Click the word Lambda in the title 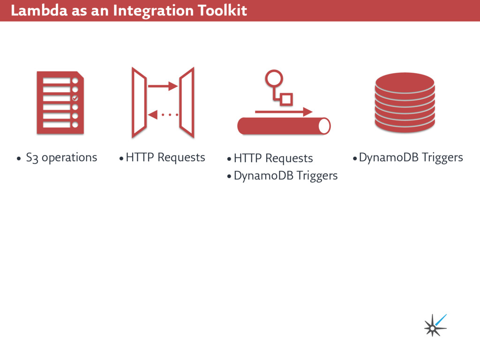pos(38,10)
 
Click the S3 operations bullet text pos(61,157)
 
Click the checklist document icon pos(60,103)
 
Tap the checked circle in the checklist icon pos(75,98)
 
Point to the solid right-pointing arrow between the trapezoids pos(163,86)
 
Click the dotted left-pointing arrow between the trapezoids pos(163,114)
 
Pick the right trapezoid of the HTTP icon pos(187,102)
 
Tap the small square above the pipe pos(286,99)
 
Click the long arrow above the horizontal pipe pos(284,112)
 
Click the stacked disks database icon pos(405,103)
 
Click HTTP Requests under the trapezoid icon pos(165,157)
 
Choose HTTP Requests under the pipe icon pos(273,158)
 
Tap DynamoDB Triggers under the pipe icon pos(285,176)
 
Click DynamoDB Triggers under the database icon pos(411,157)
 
